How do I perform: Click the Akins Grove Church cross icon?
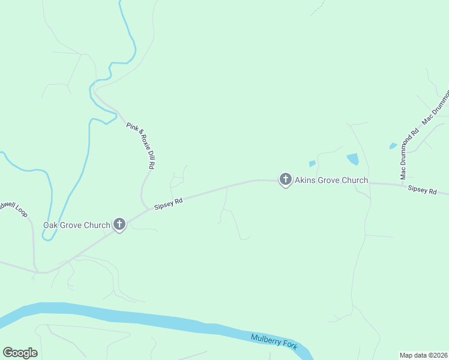pos(285,179)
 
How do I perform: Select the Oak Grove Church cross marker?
pos(119,225)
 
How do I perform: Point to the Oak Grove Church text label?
pos(76,226)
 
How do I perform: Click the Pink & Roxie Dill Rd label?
pos(141,145)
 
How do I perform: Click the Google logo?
pos(20,353)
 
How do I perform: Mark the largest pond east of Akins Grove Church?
pos(353,159)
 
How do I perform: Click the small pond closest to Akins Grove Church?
pos(312,163)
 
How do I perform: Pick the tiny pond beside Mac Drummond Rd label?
pos(393,146)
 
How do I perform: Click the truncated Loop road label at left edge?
pos(13,208)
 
